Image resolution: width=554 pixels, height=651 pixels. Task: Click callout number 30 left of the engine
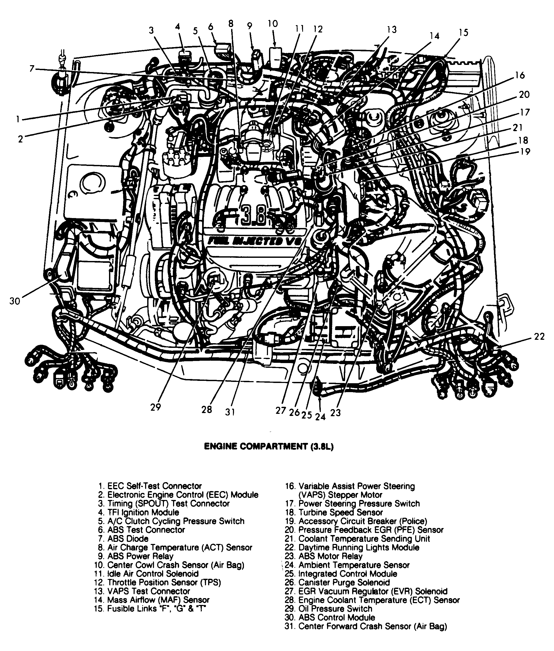tap(14, 301)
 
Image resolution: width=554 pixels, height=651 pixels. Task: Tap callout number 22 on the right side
tap(539, 337)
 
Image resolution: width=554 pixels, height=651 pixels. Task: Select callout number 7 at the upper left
tap(32, 68)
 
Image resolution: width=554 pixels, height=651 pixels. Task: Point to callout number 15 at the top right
tap(463, 32)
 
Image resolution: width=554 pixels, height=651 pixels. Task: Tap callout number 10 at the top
tap(273, 24)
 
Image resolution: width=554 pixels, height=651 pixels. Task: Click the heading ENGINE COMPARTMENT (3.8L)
tap(269, 447)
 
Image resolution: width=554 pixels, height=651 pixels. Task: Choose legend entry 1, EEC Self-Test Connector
tap(150, 486)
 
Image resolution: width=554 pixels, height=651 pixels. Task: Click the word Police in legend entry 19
tap(413, 521)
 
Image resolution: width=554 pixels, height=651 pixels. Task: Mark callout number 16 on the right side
tap(520, 75)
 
